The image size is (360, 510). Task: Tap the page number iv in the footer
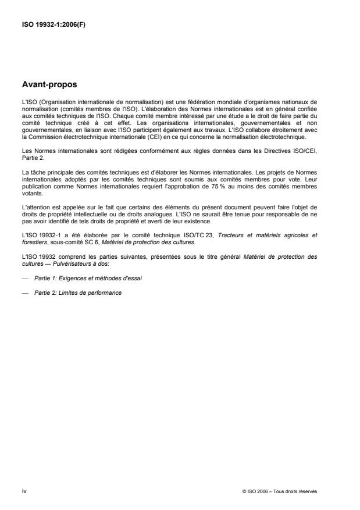pos(24,491)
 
